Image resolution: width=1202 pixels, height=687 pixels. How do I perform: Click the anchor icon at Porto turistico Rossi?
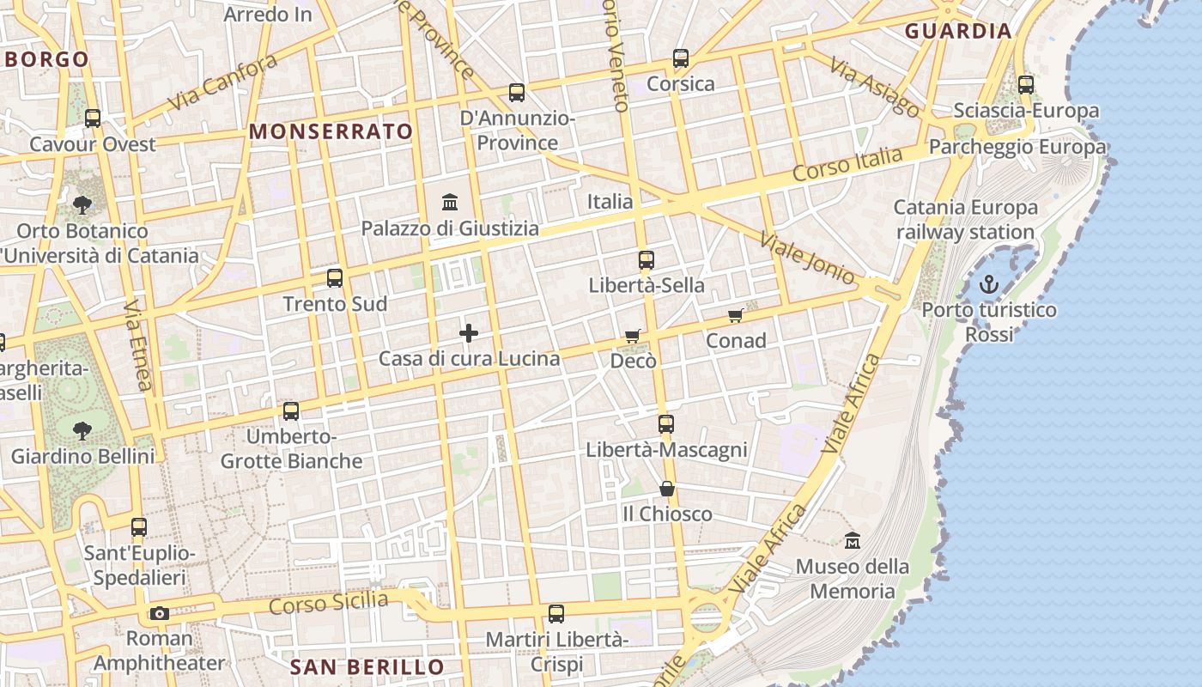coord(989,284)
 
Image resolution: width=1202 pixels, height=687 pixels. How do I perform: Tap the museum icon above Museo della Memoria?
coord(852,541)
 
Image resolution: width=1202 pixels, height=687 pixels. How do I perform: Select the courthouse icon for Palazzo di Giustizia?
coord(449,203)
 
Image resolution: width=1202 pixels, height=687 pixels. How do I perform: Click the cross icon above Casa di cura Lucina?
coord(469,333)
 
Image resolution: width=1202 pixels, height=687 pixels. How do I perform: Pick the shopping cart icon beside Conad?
coord(736,316)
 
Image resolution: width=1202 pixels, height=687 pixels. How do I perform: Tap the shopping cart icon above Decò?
coord(633,336)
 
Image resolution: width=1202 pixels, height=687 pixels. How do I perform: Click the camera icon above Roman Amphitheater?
coord(159,613)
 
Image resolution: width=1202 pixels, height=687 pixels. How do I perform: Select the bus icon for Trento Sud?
coord(335,278)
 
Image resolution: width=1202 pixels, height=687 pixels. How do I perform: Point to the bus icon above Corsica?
coord(681,58)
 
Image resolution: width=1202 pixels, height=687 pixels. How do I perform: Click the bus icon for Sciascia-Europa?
coord(1026,85)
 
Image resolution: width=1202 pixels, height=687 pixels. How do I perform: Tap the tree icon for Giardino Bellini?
coord(82,430)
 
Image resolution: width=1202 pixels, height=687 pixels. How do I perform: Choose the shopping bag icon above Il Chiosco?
coord(667,489)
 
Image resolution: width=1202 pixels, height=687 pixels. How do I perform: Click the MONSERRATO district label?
coord(331,131)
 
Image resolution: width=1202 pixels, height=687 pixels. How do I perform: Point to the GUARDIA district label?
coord(958,32)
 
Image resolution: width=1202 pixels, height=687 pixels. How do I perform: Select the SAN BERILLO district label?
coord(367,667)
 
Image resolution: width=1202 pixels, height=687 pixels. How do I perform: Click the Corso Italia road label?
coord(847,163)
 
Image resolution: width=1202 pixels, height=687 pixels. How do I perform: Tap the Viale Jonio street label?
coord(808,256)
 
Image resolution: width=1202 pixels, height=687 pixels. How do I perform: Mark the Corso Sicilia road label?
coord(328,603)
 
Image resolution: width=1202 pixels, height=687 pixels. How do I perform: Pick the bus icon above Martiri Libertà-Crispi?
coord(556,614)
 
